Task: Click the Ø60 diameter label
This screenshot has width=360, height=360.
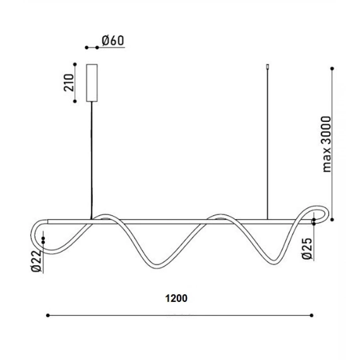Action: (x=113, y=40)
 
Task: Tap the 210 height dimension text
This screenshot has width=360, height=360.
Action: (x=69, y=83)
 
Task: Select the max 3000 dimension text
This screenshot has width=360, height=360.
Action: (x=327, y=144)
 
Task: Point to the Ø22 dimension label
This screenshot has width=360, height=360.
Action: (x=36, y=261)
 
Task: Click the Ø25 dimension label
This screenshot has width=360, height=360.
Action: (x=308, y=249)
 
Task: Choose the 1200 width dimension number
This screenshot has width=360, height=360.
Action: (x=176, y=298)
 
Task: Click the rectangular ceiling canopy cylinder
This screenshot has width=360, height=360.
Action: (x=92, y=83)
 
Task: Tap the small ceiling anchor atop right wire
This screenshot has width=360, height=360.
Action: (x=267, y=66)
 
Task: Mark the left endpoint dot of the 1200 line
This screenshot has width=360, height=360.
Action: (x=48, y=315)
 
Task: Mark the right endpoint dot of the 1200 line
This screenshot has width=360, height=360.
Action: (x=311, y=315)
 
